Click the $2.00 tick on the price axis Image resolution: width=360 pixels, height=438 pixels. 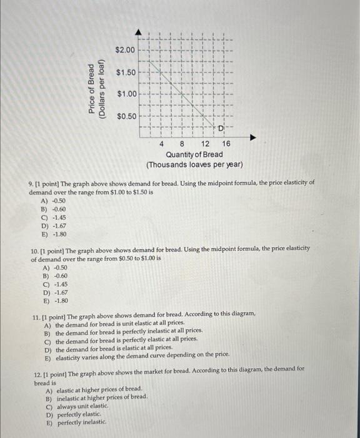click(x=125, y=49)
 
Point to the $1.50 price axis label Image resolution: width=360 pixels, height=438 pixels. click(x=125, y=73)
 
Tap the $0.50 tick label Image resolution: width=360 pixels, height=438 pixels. click(x=125, y=117)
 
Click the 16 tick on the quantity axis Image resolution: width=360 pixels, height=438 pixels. click(x=226, y=143)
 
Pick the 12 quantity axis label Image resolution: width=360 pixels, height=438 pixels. click(x=205, y=143)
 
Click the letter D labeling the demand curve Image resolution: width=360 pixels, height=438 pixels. click(x=221, y=128)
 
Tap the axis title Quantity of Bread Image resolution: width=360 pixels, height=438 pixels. click(x=194, y=154)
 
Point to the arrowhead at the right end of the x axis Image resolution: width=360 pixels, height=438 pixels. click(x=252, y=135)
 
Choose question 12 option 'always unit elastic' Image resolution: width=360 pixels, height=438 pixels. click(x=77, y=405)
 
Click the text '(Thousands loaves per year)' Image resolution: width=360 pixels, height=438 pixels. click(x=194, y=165)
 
